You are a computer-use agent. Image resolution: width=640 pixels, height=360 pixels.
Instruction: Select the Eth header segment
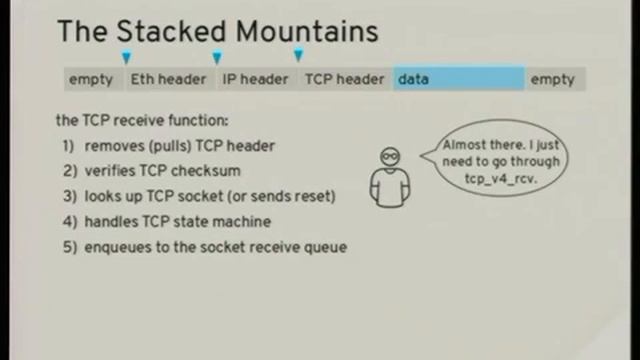(168, 79)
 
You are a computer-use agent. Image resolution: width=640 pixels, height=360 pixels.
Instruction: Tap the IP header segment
(255, 79)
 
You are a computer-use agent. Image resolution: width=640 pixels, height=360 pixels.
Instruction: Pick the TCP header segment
(344, 79)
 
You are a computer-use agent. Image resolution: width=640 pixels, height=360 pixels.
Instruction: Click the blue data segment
(458, 79)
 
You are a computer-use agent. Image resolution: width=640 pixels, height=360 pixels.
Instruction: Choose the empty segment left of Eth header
(91, 79)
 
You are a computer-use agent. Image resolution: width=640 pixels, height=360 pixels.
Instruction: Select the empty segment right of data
(552, 79)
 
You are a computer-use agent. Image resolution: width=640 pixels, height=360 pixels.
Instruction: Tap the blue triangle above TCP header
(298, 56)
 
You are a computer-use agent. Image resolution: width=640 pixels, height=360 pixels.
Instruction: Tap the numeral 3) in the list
(69, 195)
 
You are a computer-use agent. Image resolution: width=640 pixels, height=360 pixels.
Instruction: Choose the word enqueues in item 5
(117, 247)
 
